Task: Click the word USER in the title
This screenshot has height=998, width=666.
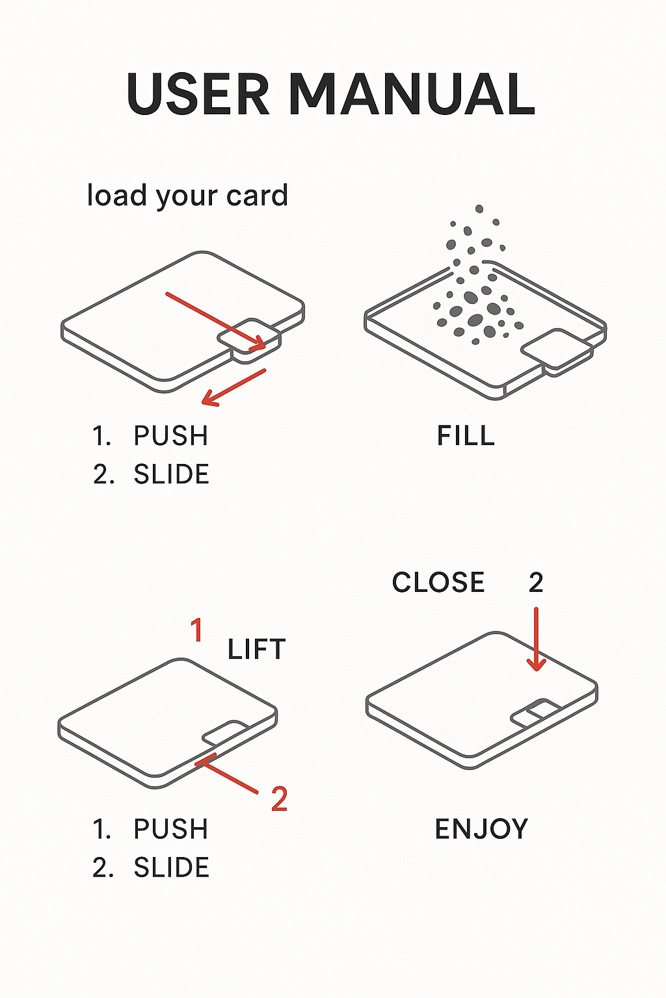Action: click(x=198, y=94)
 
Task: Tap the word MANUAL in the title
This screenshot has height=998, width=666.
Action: click(x=411, y=94)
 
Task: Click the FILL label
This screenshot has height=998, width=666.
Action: click(x=466, y=436)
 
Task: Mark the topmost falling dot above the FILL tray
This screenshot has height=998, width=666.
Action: click(x=479, y=209)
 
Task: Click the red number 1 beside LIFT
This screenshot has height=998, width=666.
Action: click(x=196, y=630)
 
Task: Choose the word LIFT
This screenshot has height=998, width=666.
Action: click(x=256, y=650)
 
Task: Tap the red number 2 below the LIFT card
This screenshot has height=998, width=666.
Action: click(x=279, y=799)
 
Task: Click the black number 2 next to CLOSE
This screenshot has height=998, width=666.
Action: click(x=536, y=583)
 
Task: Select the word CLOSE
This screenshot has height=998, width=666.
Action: click(x=438, y=583)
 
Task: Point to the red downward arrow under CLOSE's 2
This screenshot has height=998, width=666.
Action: click(x=536, y=639)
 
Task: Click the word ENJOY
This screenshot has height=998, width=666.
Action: click(x=481, y=830)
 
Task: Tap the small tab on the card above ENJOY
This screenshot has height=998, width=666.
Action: click(x=537, y=713)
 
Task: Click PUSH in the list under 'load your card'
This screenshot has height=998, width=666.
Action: click(x=170, y=436)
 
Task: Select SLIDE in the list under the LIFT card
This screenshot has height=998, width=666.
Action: click(x=171, y=868)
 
